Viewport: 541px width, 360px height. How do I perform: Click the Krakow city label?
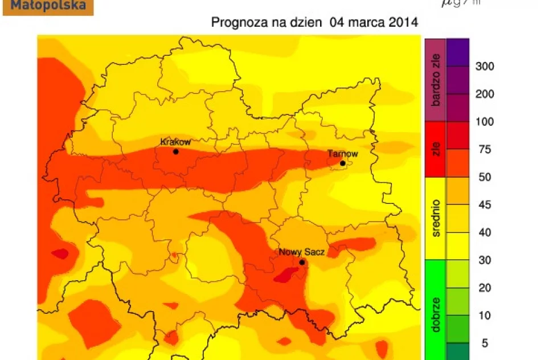pos(175,142)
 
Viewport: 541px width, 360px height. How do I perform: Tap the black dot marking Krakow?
pos(176,152)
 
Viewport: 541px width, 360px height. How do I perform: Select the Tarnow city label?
pos(343,154)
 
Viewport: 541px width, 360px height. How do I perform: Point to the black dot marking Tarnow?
pos(343,163)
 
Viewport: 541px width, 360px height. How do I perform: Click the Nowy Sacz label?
pos(301,252)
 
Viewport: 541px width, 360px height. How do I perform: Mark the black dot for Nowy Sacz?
pos(302,262)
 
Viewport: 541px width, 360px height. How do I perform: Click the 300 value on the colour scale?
pos(485,67)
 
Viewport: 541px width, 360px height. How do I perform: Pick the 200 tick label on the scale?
pos(485,95)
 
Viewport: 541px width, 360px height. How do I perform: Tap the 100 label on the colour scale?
pos(485,122)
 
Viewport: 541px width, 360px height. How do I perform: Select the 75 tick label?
pos(482,150)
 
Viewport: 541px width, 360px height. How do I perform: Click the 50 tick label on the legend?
pos(482,178)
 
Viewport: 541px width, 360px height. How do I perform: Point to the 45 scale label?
pos(482,205)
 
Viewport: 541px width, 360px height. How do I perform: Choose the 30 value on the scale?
pos(482,260)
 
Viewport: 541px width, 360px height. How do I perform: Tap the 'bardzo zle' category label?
pos(436,80)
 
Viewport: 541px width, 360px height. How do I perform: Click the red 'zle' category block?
pos(436,149)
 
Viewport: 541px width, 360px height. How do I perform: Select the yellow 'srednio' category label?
pos(436,218)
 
